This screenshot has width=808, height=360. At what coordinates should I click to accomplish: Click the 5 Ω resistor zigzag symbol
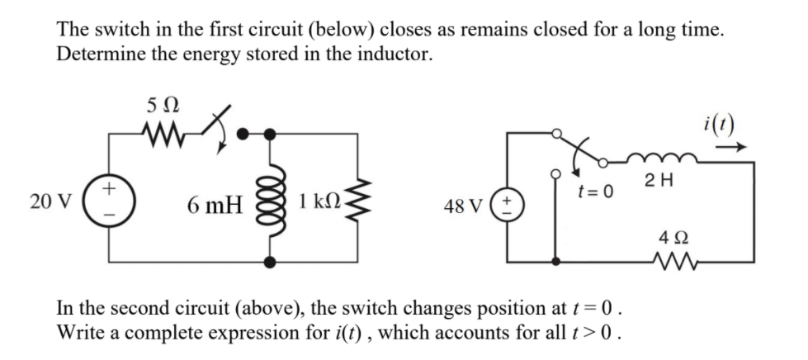pyautogui.click(x=161, y=133)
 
